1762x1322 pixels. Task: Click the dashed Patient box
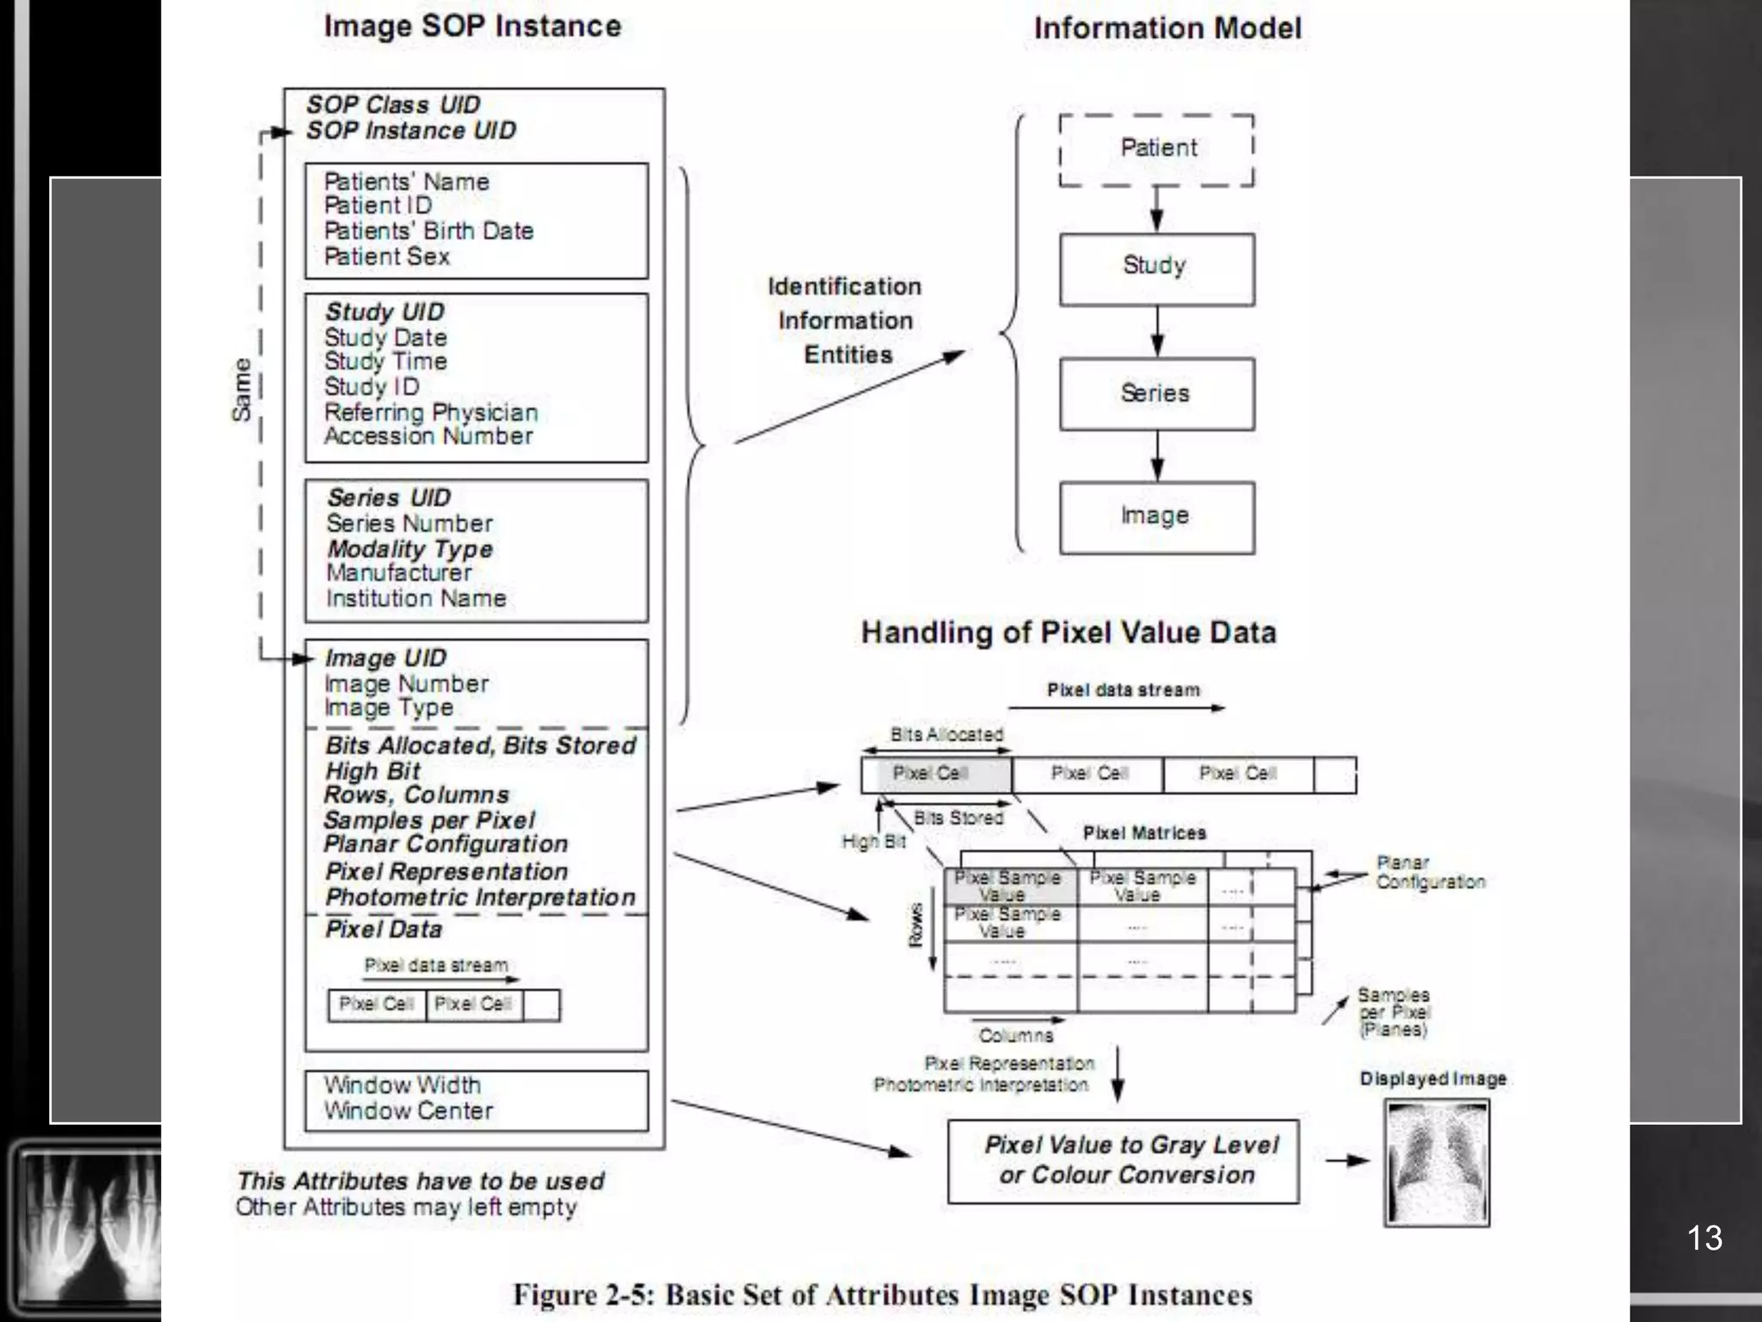click(x=1156, y=150)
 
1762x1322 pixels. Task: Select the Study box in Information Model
click(x=1156, y=268)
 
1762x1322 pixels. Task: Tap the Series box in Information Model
click(x=1156, y=394)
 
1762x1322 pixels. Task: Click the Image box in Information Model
click(x=1156, y=517)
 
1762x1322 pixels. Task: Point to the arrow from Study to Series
click(x=1157, y=332)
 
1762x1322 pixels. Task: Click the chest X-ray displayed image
click(x=1437, y=1162)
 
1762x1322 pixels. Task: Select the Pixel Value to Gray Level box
click(x=1123, y=1161)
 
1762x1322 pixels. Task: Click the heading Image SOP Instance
click(x=472, y=26)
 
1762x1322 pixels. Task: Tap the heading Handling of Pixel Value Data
click(x=1069, y=633)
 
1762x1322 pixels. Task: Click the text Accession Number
click(x=428, y=436)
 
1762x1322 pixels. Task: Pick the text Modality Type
click(x=410, y=549)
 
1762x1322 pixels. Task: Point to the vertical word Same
click(x=243, y=390)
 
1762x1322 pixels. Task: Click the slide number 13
click(x=1703, y=1238)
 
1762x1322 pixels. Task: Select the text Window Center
click(x=408, y=1111)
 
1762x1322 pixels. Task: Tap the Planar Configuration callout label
click(x=1430, y=873)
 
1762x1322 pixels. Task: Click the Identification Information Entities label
click(x=845, y=320)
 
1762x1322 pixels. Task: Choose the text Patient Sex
click(x=387, y=257)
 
